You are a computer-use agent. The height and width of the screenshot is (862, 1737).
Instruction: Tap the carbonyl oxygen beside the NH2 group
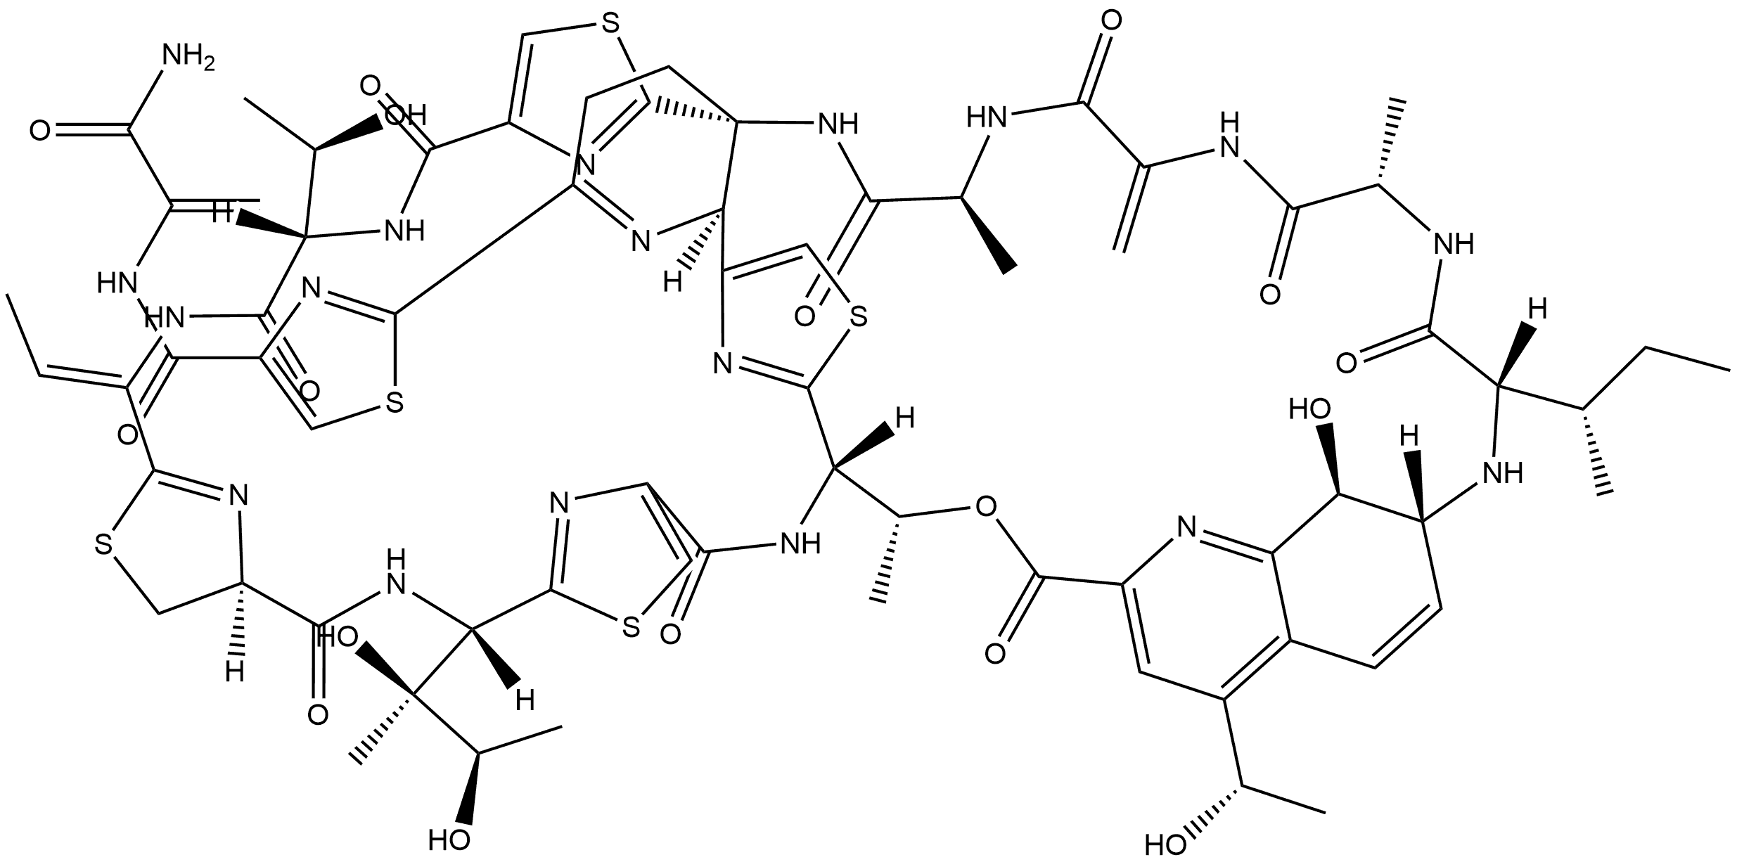click(40, 130)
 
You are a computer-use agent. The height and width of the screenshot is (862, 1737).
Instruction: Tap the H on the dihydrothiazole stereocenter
click(236, 672)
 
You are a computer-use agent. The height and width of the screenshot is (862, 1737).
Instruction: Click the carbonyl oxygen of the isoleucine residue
click(1347, 364)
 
